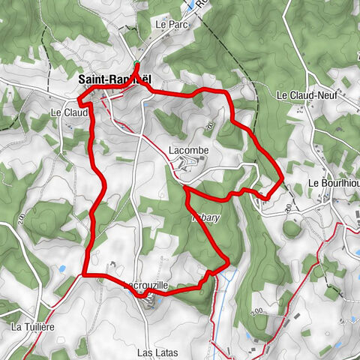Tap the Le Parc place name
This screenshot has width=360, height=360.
pyautogui.click(x=170, y=24)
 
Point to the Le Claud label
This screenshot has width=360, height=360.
pyautogui.click(x=69, y=112)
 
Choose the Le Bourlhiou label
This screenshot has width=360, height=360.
pyautogui.click(x=333, y=184)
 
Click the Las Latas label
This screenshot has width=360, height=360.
pyautogui.click(x=156, y=351)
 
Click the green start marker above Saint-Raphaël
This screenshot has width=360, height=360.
pyautogui.click(x=136, y=63)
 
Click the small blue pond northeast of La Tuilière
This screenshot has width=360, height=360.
pyautogui.click(x=63, y=267)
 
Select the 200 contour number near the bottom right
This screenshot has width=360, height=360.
pyautogui.click(x=257, y=311)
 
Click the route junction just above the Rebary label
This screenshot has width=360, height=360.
pyautogui.click(x=184, y=189)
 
